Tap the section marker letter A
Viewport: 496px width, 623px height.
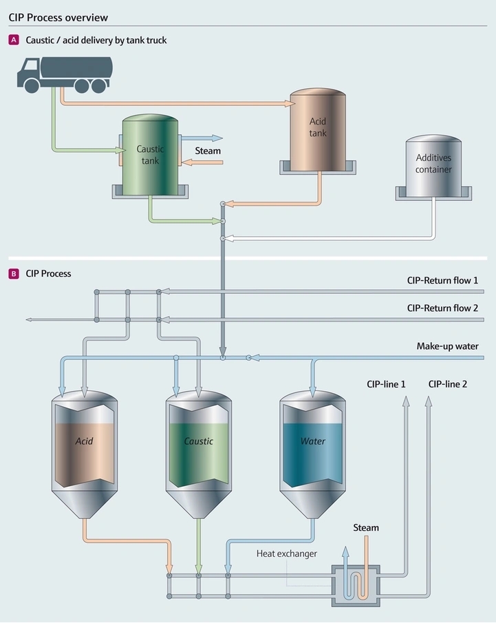[x=14, y=41]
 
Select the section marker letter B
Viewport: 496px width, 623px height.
[x=14, y=273]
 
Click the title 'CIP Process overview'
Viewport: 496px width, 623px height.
[x=58, y=17]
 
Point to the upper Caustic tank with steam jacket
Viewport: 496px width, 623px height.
[x=150, y=155]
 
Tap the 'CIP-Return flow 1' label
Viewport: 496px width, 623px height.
[x=442, y=281]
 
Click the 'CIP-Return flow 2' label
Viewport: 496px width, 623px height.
[x=442, y=308]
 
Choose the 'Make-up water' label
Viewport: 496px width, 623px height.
[x=447, y=346]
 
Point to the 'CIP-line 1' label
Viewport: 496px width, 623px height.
[x=386, y=384]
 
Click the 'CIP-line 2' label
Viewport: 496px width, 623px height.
[x=447, y=384]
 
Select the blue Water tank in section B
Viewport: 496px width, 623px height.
[x=312, y=447]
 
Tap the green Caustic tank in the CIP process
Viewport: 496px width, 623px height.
[x=199, y=447]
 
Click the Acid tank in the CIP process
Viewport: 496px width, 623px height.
[x=85, y=447]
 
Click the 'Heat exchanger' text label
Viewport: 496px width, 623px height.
[x=287, y=553]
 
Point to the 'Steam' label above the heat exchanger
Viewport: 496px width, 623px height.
[x=366, y=528]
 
